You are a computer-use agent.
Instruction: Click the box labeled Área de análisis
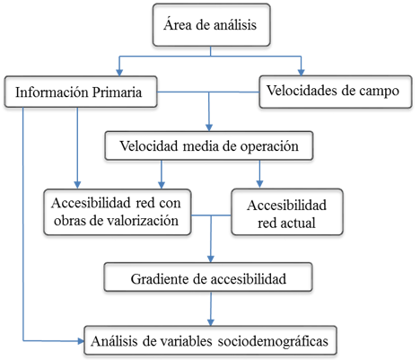pyautogui.click(x=212, y=25)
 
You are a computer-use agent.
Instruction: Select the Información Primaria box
pyautogui.click(x=81, y=92)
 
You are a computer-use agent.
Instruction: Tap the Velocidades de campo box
pyautogui.click(x=336, y=92)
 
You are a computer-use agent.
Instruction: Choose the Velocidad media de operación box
pyautogui.click(x=209, y=145)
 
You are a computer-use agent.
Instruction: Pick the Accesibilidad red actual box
pyautogui.click(x=287, y=212)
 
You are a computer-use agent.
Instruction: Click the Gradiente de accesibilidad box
pyautogui.click(x=208, y=277)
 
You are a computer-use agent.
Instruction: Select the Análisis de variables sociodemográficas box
pyautogui.click(x=210, y=340)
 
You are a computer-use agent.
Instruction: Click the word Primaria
pyautogui.click(x=117, y=92)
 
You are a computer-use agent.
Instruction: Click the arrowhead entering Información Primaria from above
pyautogui.click(x=119, y=73)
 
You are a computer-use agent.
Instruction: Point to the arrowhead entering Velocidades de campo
pyautogui.click(x=301, y=73)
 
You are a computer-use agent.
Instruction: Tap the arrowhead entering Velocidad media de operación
pyautogui.click(x=209, y=127)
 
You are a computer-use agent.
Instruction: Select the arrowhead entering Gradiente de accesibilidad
pyautogui.click(x=211, y=259)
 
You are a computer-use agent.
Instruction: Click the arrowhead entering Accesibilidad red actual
pyautogui.click(x=259, y=185)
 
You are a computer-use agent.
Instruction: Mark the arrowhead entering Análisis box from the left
pyautogui.click(x=81, y=341)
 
